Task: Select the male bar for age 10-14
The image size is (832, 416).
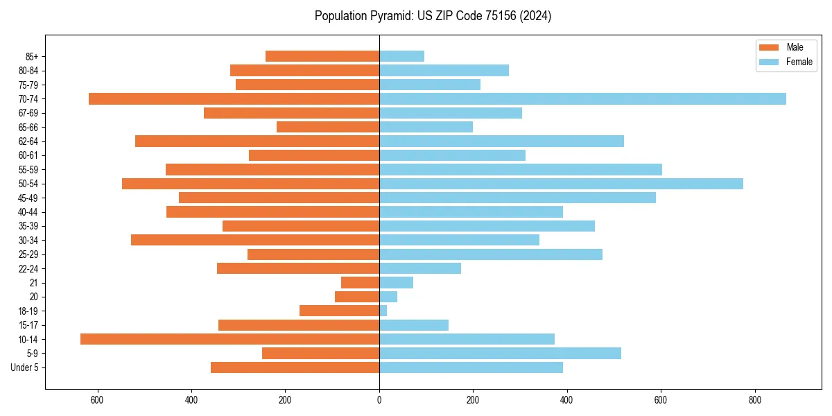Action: click(229, 339)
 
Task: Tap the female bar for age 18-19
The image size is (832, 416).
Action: click(383, 311)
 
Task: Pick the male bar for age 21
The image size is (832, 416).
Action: click(360, 282)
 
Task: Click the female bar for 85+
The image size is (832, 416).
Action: click(401, 56)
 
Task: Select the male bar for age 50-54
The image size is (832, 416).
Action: click(250, 184)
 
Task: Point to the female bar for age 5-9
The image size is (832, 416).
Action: click(500, 353)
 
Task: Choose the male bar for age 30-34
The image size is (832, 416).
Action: click(255, 240)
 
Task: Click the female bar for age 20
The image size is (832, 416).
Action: click(388, 297)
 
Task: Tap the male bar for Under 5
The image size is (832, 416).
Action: click(295, 367)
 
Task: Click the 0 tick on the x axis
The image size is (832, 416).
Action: click(379, 400)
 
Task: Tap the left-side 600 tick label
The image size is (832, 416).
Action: click(97, 400)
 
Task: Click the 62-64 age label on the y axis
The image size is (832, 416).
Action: click(27, 141)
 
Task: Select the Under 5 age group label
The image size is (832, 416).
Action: click(24, 367)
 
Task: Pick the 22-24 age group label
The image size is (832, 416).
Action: click(27, 268)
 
